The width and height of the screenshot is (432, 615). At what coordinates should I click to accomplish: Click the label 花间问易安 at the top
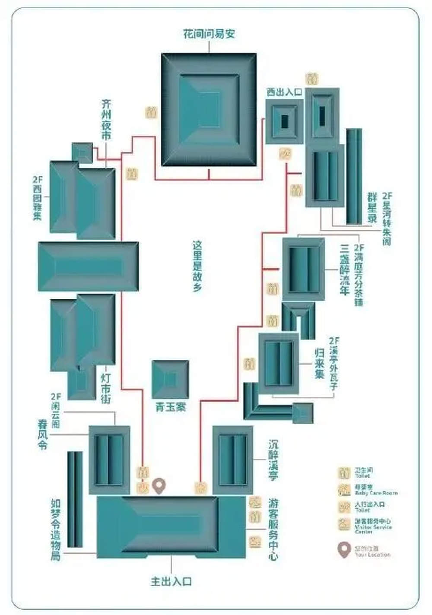(x=209, y=34)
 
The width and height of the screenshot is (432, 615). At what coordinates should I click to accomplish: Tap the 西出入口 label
(x=284, y=92)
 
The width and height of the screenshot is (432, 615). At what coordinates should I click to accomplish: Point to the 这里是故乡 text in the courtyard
(x=197, y=266)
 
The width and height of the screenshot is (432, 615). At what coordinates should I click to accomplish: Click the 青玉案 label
(x=170, y=407)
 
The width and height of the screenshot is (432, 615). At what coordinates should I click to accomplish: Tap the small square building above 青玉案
(x=170, y=380)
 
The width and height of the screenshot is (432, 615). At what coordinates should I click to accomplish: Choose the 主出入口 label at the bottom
(x=171, y=581)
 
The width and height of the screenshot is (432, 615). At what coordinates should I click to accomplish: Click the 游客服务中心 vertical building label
(x=273, y=529)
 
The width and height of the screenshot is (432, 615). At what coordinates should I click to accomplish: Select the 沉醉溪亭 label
(x=273, y=460)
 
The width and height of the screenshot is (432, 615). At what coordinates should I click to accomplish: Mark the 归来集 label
(x=319, y=363)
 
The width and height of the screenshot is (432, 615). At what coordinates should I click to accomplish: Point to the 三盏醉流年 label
(x=344, y=270)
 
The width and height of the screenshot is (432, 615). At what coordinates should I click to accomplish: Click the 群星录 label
(x=372, y=208)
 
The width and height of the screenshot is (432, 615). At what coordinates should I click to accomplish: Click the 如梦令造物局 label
(x=56, y=529)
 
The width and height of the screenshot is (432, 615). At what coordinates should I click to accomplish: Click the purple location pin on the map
(x=159, y=486)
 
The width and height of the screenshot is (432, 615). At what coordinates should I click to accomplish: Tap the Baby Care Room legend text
(x=376, y=493)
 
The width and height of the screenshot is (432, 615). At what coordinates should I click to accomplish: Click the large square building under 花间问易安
(x=209, y=110)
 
